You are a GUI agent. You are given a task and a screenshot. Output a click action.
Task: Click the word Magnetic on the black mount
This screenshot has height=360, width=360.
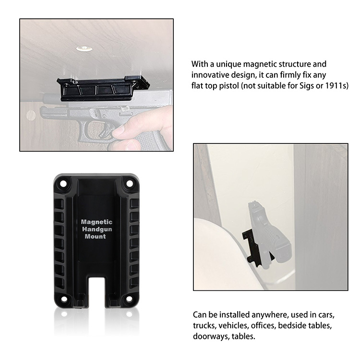96,222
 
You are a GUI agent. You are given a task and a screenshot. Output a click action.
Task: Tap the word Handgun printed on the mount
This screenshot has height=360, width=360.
97,229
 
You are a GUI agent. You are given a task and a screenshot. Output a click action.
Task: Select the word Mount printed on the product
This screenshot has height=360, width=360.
96,237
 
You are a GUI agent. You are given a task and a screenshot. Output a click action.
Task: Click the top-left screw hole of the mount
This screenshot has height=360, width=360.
63,184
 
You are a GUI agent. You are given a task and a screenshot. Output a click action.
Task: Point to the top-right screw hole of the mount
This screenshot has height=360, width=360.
130,184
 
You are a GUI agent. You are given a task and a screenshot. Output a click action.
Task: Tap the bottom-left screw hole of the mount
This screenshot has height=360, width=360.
64,299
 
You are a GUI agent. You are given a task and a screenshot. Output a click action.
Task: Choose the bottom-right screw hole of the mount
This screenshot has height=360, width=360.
129,299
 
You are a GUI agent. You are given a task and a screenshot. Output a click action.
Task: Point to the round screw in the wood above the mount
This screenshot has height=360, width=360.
84,48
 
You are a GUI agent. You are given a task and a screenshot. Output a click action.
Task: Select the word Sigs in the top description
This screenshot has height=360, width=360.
307,85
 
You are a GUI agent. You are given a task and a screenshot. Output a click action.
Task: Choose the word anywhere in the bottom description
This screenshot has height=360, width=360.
269,315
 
